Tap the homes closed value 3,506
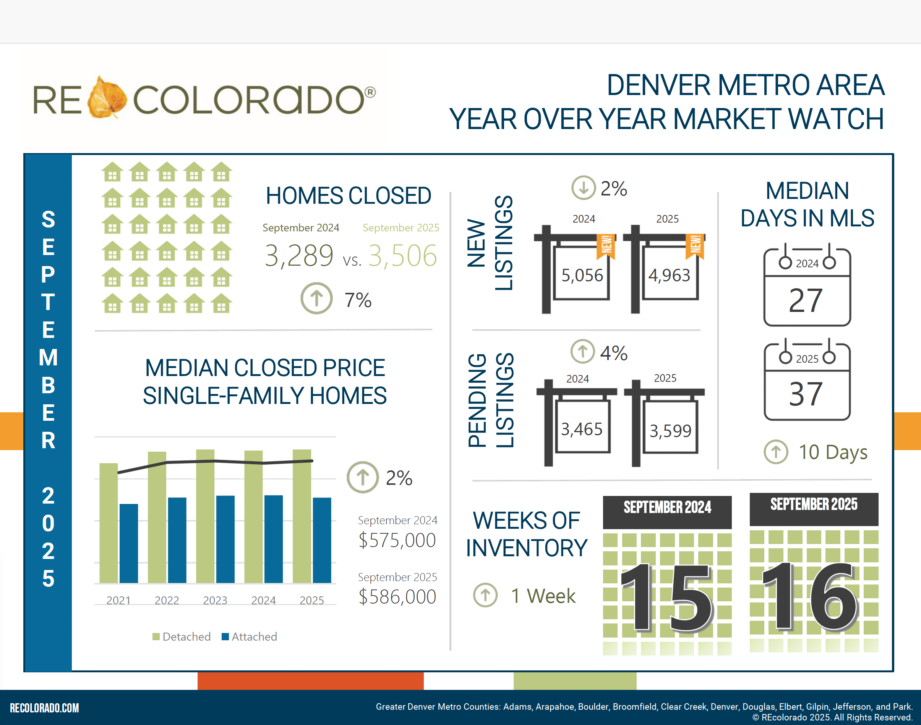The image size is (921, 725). tap(402, 256)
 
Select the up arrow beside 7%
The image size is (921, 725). tap(316, 299)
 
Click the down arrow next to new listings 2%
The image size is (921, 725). tap(583, 187)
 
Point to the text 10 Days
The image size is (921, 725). tap(833, 452)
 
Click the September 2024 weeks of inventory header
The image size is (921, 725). tap(667, 508)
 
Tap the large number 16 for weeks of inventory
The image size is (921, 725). tap(810, 596)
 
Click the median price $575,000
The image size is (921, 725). tap(397, 540)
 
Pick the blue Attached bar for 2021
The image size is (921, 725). tap(129, 543)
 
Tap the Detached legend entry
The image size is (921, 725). tap(182, 637)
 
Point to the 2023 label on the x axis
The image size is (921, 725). tap(215, 600)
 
